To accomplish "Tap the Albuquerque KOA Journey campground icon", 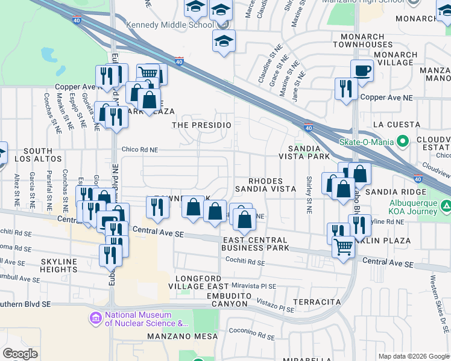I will point(446,207).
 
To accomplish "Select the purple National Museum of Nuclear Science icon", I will point(96,318).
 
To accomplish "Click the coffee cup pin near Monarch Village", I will point(361,71).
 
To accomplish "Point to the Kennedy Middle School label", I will point(166,25).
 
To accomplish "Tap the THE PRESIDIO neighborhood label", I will point(202,125).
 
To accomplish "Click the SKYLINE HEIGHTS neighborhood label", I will point(60,265).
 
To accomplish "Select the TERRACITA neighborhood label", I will point(317,301).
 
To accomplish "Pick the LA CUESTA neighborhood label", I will point(396,125).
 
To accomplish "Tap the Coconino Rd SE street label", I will point(251,330).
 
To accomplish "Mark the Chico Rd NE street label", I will point(140,150).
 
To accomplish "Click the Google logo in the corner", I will point(20,354).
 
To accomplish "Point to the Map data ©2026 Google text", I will point(413,356).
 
